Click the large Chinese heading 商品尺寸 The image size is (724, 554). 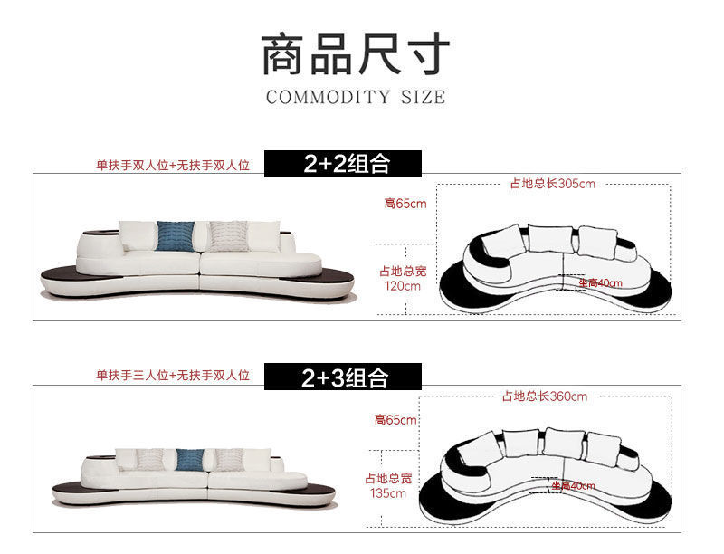pyautogui.click(x=356, y=54)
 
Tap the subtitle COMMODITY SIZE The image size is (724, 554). pyautogui.click(x=356, y=97)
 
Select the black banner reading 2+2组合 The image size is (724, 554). pyautogui.click(x=344, y=164)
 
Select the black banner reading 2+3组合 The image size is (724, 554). pyautogui.click(x=344, y=377)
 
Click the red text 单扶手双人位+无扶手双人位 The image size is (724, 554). pyautogui.click(x=173, y=166)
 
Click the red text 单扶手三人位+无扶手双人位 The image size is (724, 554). pyautogui.click(x=173, y=376)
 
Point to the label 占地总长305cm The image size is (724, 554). pyautogui.click(x=552, y=184)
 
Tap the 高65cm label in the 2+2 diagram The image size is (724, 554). pyautogui.click(x=405, y=204)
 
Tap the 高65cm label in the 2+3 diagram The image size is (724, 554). pyautogui.click(x=395, y=419)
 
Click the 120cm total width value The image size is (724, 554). pyautogui.click(x=402, y=286)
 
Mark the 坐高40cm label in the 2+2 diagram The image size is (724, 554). pyautogui.click(x=600, y=282)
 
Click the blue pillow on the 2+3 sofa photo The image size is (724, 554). pyautogui.click(x=189, y=459)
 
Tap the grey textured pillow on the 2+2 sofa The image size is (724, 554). pyautogui.click(x=226, y=235)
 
